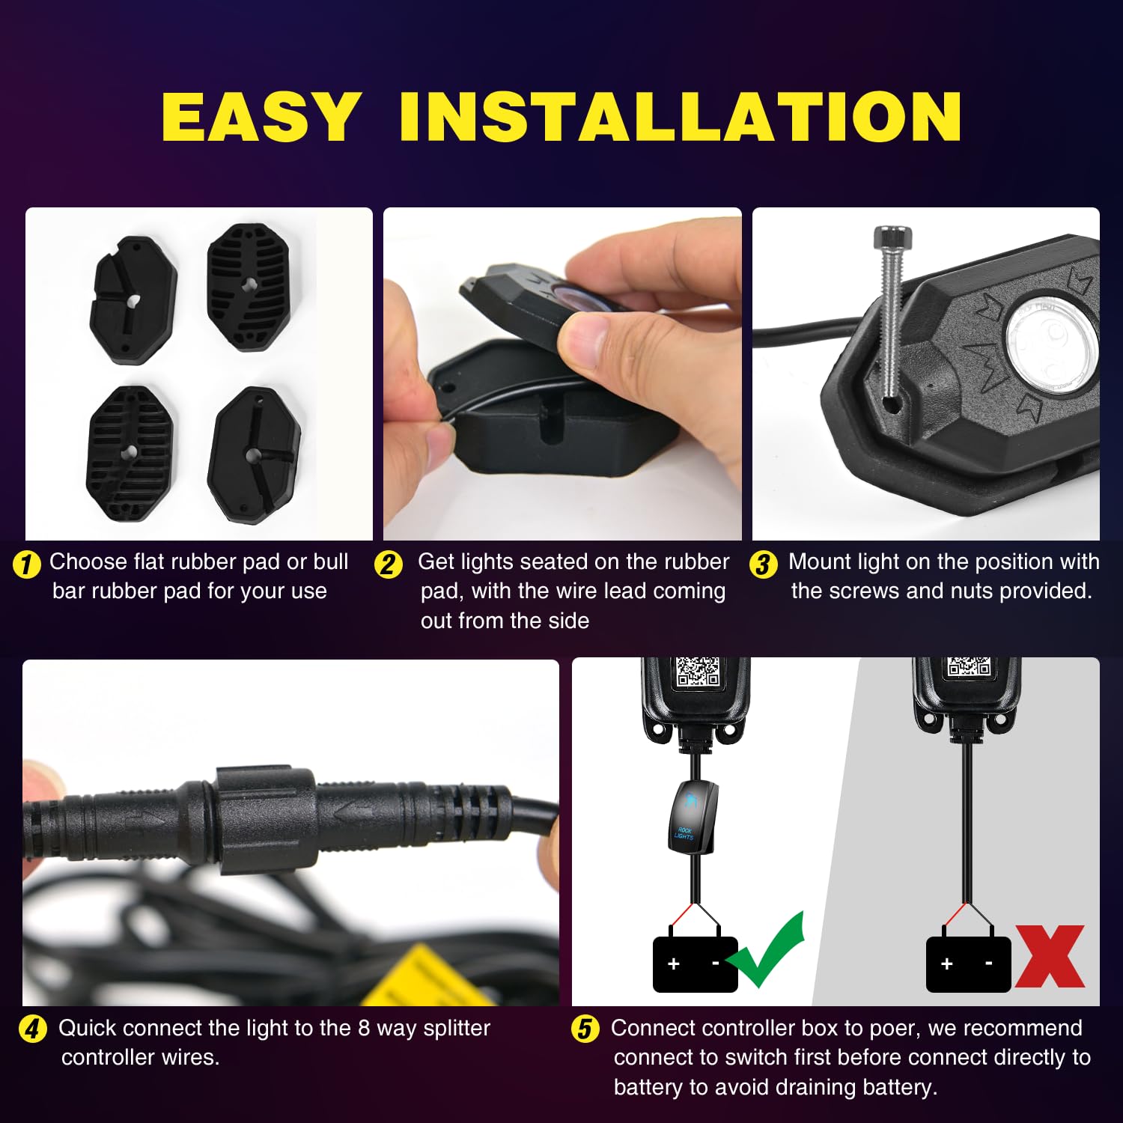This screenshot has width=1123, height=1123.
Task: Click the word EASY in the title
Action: (261, 117)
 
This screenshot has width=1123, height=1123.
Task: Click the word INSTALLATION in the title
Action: (680, 117)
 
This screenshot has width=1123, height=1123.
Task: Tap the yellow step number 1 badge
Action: (27, 564)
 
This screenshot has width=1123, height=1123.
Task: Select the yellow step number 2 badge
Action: (388, 564)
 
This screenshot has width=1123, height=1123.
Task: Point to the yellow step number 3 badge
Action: (763, 564)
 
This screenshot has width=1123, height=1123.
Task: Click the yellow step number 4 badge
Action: (32, 1029)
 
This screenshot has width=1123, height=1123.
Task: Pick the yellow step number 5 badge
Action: (585, 1029)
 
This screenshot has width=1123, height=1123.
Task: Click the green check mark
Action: (767, 951)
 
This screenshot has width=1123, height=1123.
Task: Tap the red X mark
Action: (1050, 956)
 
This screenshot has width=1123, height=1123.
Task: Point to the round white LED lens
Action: (1048, 348)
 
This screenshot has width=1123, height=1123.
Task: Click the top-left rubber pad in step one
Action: (133, 299)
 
